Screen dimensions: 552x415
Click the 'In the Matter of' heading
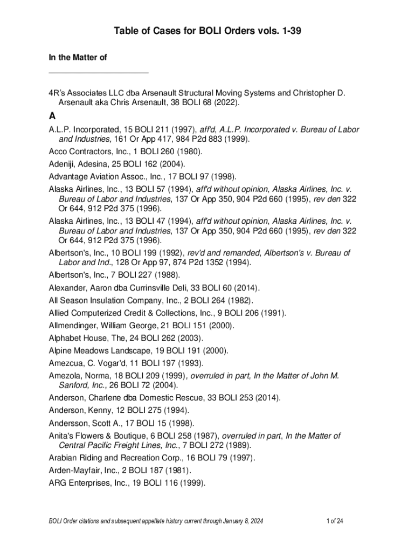pos(75,57)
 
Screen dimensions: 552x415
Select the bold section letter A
pos(52,116)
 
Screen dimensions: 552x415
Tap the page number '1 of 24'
pos(335,521)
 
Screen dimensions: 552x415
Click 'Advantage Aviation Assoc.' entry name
pos(95,176)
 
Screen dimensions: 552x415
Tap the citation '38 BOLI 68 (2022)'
pos(205,102)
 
